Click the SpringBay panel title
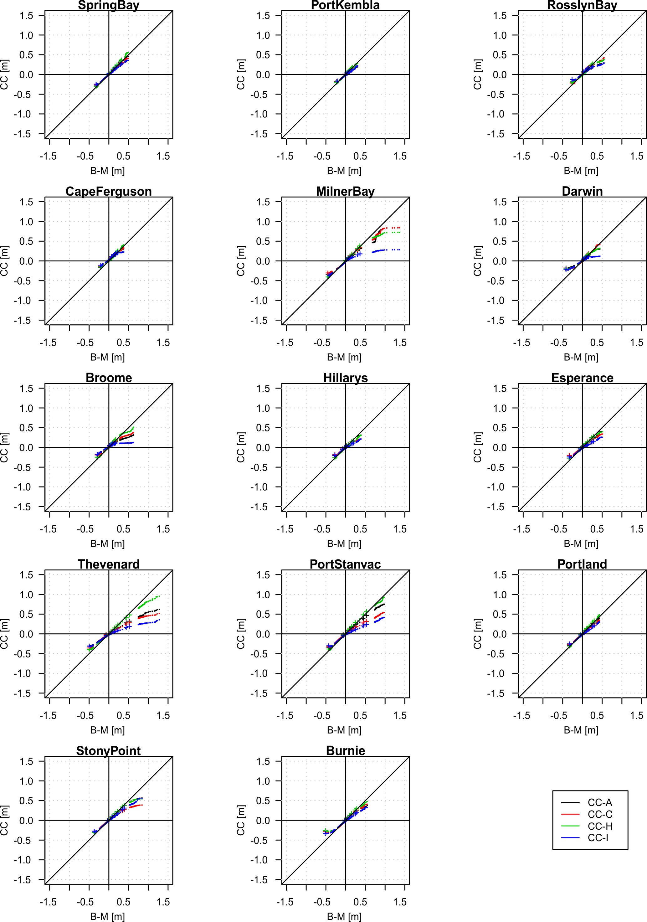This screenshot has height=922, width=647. (x=108, y=6)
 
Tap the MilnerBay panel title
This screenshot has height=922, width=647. (x=345, y=192)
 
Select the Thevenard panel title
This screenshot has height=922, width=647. (x=108, y=564)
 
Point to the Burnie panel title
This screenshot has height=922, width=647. (x=345, y=750)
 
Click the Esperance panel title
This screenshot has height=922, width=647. (x=582, y=378)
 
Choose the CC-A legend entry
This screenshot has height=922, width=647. (x=600, y=802)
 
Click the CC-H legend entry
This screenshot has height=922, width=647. (x=600, y=826)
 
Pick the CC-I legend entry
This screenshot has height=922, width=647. (x=598, y=838)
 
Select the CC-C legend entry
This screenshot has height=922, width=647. (x=600, y=814)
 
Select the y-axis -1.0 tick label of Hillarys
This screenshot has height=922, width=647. (x=259, y=487)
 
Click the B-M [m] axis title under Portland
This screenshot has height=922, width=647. (x=581, y=730)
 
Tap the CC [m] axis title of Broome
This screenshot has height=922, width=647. (x=5, y=447)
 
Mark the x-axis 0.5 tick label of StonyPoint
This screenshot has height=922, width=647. (x=123, y=902)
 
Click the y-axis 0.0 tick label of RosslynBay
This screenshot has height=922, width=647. (x=500, y=75)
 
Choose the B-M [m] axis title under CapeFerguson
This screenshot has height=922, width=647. (x=107, y=357)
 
